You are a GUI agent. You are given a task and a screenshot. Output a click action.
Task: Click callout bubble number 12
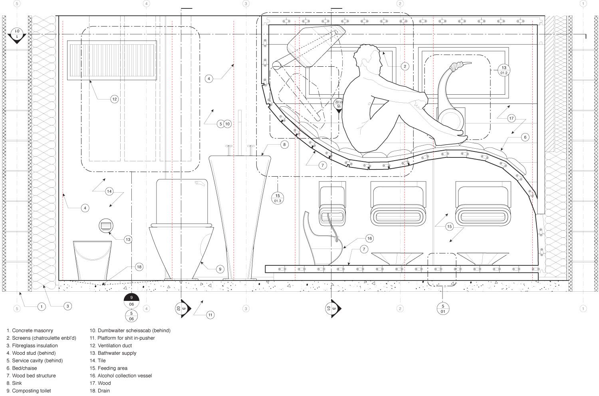point(114,99)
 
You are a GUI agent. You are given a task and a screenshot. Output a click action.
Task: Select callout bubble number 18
point(139,267)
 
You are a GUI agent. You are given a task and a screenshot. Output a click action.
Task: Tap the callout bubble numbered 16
point(369,239)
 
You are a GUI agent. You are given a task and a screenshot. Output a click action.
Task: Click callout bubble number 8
point(284,144)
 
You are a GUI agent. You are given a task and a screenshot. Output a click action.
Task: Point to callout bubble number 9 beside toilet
point(220,269)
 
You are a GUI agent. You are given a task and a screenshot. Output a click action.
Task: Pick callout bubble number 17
point(511,118)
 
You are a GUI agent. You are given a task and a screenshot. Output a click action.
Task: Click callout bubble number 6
point(525,137)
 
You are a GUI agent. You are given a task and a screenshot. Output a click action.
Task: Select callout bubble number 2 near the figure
point(405,66)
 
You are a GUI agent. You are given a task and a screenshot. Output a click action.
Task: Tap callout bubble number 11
point(210,315)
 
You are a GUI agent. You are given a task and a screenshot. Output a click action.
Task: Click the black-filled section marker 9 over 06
point(131,300)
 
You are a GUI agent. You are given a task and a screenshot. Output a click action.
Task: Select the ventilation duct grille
point(113,60)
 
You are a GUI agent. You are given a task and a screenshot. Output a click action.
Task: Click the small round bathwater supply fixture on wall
point(106,226)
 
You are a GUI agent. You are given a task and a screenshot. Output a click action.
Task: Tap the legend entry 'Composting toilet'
point(28,390)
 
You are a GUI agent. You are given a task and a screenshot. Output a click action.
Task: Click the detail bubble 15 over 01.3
point(278,198)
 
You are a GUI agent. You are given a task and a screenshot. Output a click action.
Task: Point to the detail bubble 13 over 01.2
point(504,70)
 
